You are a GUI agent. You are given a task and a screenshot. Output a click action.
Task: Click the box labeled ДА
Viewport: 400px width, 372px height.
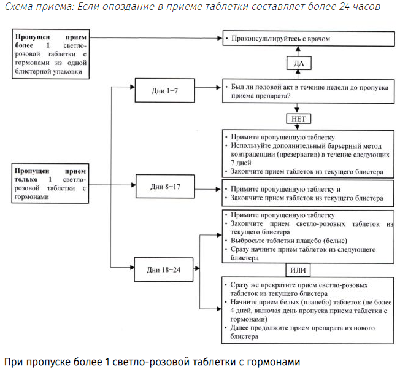[x=298, y=63]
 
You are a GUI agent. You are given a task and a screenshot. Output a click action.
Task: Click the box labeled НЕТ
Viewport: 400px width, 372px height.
[x=298, y=118]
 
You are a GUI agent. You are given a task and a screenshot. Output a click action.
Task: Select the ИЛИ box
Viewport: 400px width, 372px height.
[x=298, y=270]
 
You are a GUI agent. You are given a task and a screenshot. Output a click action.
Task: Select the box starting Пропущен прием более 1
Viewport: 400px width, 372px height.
[x=52, y=53]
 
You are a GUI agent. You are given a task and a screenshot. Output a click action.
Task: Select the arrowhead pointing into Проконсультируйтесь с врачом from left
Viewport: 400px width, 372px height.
[x=219, y=38]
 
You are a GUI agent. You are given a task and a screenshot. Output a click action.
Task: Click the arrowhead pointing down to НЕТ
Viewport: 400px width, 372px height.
[x=298, y=109]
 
